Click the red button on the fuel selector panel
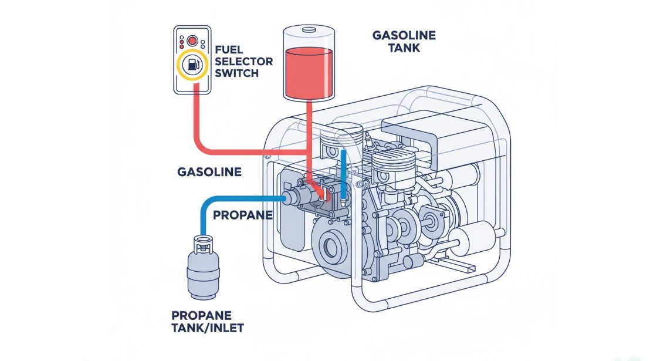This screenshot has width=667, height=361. coord(192,41)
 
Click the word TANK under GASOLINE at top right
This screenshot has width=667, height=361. coord(404,48)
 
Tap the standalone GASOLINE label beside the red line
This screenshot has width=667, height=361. coord(209,172)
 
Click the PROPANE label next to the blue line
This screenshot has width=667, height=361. coord(242,215)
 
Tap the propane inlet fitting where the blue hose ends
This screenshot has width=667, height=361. coord(290,199)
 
